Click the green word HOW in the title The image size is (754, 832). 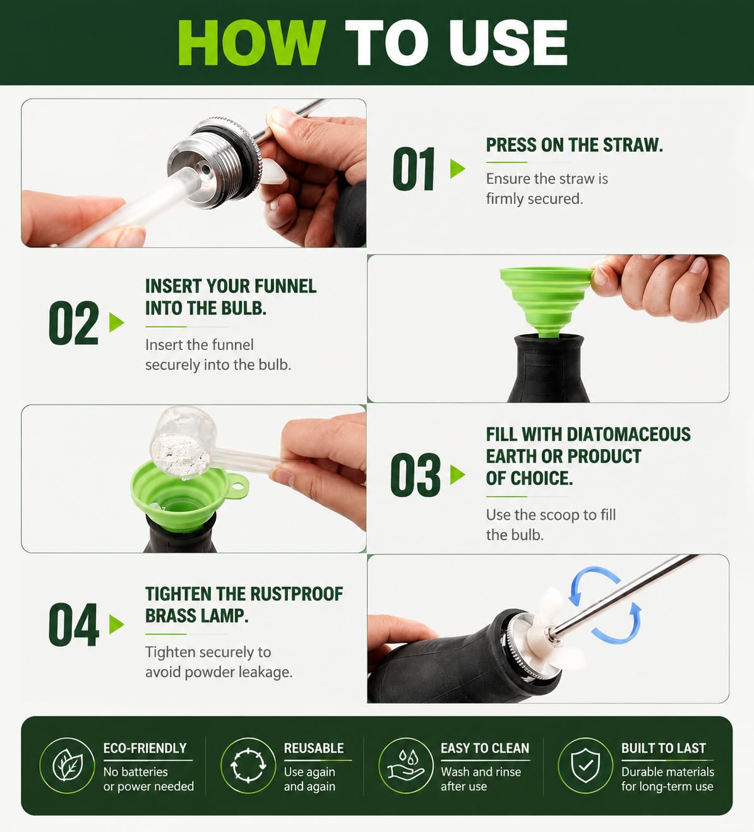pyautogui.click(x=252, y=43)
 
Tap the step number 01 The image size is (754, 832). pyautogui.click(x=414, y=169)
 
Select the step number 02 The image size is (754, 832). pyautogui.click(x=74, y=323)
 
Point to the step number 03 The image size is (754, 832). pyautogui.click(x=415, y=475)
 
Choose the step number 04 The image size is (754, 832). pyautogui.click(x=74, y=624)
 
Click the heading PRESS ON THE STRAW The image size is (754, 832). pyautogui.click(x=575, y=145)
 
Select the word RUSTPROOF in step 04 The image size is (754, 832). pyautogui.click(x=297, y=593)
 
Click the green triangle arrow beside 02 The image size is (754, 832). pyautogui.click(x=117, y=322)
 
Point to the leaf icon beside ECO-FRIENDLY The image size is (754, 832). pyautogui.click(x=67, y=765)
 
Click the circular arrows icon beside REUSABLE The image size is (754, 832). pyautogui.click(x=248, y=765)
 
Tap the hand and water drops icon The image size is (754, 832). pyautogui.click(x=406, y=765)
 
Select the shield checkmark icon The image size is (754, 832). pyautogui.click(x=585, y=765)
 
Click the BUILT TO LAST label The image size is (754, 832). pyautogui.click(x=663, y=748)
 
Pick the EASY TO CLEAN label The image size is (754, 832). pyautogui.click(x=485, y=748)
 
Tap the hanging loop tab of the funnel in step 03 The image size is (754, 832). pyautogui.click(x=239, y=485)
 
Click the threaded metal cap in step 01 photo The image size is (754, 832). pyautogui.click(x=216, y=162)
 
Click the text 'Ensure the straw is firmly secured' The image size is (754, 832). pyautogui.click(x=547, y=189)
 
